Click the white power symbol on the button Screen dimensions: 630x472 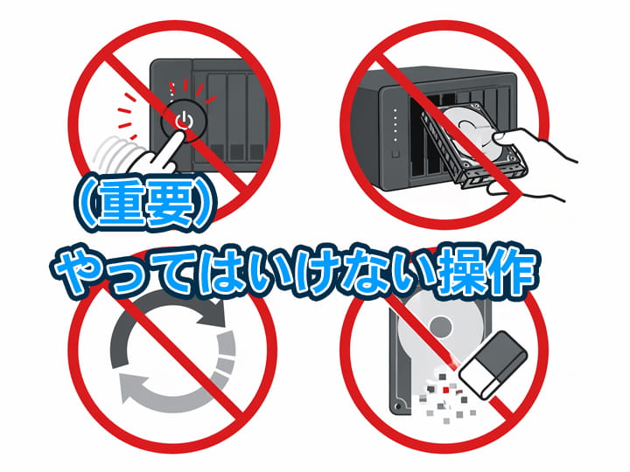[x=184, y=121]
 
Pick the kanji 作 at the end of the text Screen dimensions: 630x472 [x=511, y=270]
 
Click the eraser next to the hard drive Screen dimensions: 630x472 [x=493, y=364]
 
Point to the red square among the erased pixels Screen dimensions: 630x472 [x=445, y=390]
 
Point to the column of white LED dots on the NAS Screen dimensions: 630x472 [x=395, y=125]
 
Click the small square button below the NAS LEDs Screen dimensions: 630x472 [x=395, y=154]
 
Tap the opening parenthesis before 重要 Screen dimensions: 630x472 [x=87, y=206]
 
